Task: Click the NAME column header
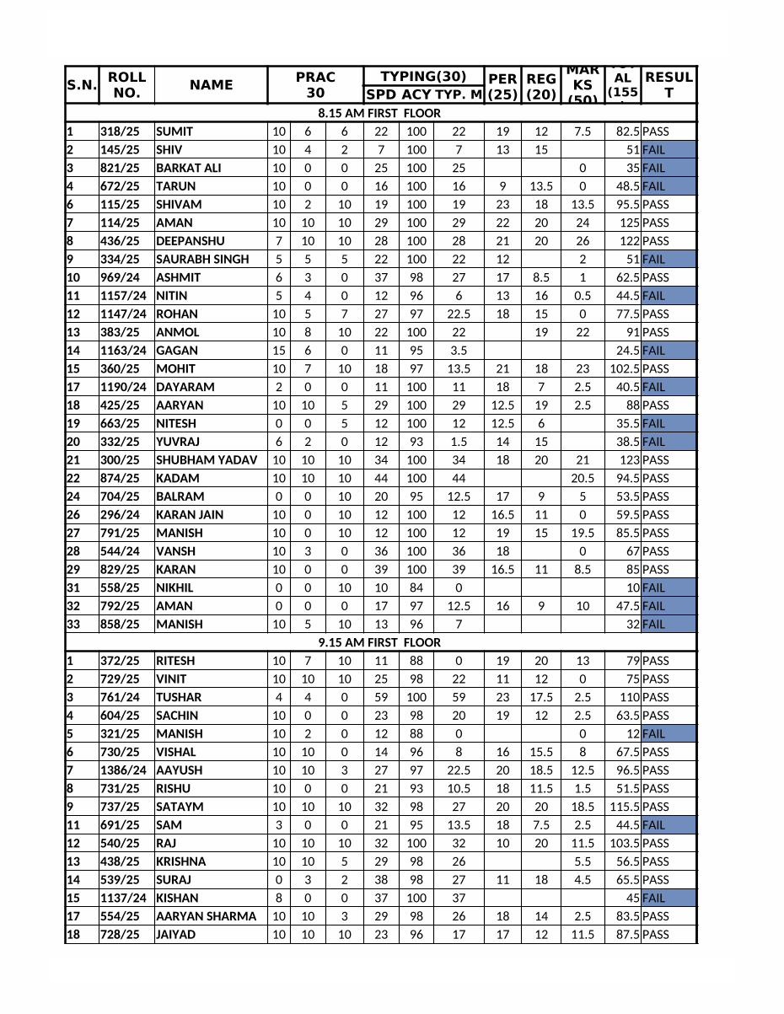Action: click(211, 84)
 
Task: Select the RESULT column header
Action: click(669, 84)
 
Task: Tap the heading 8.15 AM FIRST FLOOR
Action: click(379, 113)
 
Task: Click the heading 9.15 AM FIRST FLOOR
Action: click(379, 642)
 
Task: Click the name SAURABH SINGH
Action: click(202, 260)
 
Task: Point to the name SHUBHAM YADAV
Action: click(207, 460)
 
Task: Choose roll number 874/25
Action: click(121, 479)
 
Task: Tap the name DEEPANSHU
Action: click(191, 241)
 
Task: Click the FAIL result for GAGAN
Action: click(653, 351)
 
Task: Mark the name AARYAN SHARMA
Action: click(206, 916)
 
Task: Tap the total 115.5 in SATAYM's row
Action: click(625, 807)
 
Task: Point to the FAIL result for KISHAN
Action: click(653, 899)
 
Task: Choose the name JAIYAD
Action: click(175, 935)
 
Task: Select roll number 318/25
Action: click(121, 131)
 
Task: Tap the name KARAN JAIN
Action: click(190, 515)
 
